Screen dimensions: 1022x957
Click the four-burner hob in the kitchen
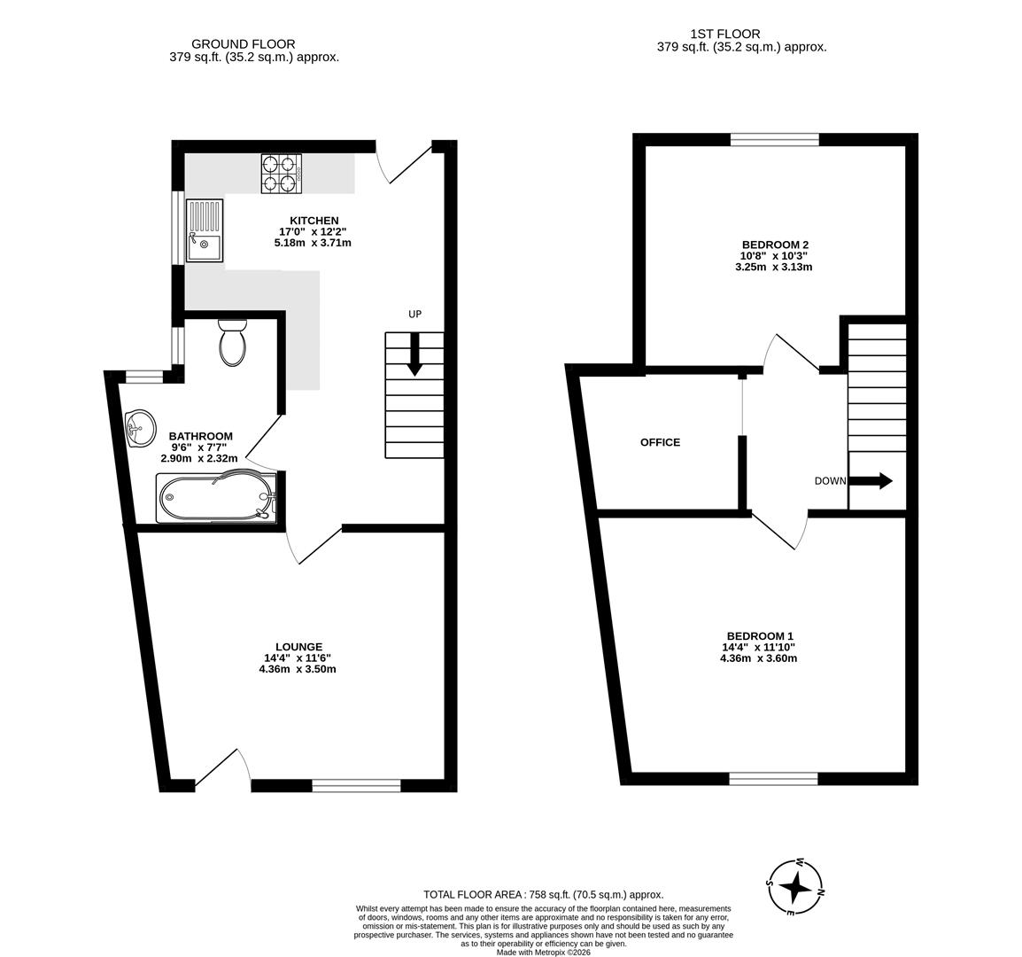point(282,174)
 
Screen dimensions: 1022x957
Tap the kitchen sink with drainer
point(204,231)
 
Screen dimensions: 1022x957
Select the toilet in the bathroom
point(232,343)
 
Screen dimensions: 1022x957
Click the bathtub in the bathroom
point(216,498)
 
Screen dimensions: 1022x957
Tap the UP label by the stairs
point(415,315)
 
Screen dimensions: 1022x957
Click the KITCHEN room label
point(314,221)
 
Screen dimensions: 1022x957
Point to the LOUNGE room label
point(298,647)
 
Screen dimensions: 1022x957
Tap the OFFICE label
point(661,442)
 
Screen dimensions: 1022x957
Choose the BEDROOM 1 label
point(760,636)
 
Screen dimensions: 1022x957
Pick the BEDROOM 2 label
point(774,245)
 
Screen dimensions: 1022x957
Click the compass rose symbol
point(795,887)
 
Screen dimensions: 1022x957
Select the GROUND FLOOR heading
point(244,44)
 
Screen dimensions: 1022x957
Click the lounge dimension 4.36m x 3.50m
point(298,669)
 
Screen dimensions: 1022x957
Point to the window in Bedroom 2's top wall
point(775,140)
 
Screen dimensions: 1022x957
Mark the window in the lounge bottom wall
point(357,786)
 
